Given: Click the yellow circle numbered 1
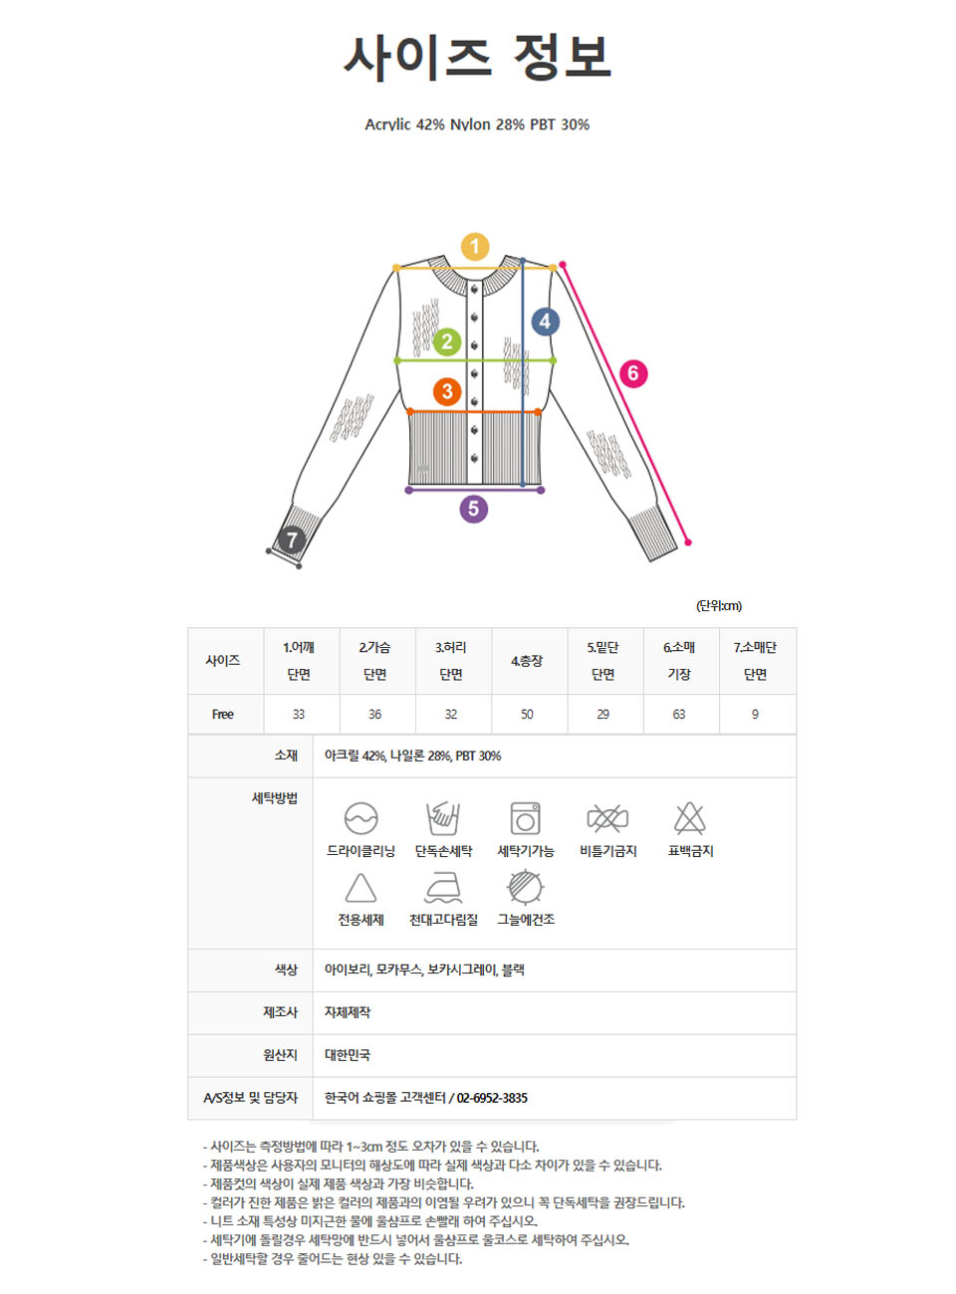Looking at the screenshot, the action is click(x=474, y=247).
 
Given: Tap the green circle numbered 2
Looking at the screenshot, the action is click(x=446, y=341).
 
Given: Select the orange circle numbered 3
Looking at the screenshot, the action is click(x=447, y=391).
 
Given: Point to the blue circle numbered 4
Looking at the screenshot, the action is click(x=545, y=322).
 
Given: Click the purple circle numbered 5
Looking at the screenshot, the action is click(x=473, y=509).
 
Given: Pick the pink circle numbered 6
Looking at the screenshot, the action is click(x=633, y=373).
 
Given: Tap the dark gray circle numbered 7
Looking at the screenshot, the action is click(x=291, y=539).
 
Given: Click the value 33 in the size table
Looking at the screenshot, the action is click(x=298, y=714).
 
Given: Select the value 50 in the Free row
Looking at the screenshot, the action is click(x=527, y=714).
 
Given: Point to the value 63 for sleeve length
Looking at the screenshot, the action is click(x=679, y=714).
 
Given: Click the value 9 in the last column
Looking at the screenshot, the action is click(x=755, y=714).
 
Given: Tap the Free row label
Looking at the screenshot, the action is click(x=222, y=714).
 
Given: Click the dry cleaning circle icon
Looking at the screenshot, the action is click(x=360, y=818).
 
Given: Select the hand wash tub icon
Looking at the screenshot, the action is click(x=443, y=818).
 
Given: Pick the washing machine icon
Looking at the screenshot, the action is click(x=525, y=818).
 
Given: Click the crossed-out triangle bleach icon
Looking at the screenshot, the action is click(x=690, y=817).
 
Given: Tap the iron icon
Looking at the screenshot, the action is click(x=443, y=888).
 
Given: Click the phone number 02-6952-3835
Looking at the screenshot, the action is click(x=491, y=1098).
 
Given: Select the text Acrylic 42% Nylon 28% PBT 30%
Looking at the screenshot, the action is click(x=477, y=124).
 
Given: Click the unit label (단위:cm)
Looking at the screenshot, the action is click(x=718, y=605).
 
